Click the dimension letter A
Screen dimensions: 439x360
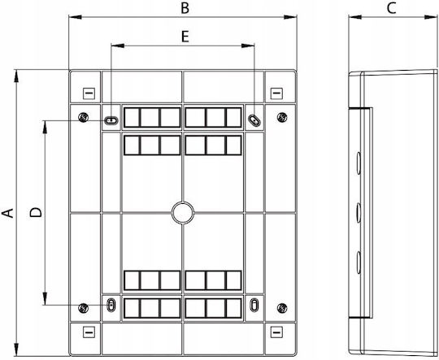tap(8, 213)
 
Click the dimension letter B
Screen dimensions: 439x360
tap(185, 8)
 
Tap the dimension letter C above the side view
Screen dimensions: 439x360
tap(391, 8)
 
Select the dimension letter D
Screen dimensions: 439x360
tap(36, 212)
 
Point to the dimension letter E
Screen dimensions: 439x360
tap(185, 37)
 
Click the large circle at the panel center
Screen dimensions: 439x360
tap(183, 213)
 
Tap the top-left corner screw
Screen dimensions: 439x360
tap(84, 117)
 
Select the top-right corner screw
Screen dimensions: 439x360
tap(282, 117)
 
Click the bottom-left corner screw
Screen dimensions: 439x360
tap(84, 308)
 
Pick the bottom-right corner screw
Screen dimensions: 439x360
tap(282, 308)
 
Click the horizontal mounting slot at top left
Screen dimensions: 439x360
tap(111, 121)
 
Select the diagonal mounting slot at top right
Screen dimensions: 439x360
tap(254, 120)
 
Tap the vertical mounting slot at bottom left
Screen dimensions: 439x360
tap(111, 305)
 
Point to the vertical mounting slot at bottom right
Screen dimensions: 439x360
tap(254, 305)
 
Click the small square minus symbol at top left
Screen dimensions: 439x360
tap(89, 93)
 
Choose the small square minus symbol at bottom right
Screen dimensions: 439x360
tap(276, 332)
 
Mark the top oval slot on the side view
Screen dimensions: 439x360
tap(359, 163)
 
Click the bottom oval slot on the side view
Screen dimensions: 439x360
tap(359, 262)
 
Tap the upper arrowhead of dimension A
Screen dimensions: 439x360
tap(16, 76)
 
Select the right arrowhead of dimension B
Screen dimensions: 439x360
tap(290, 17)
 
